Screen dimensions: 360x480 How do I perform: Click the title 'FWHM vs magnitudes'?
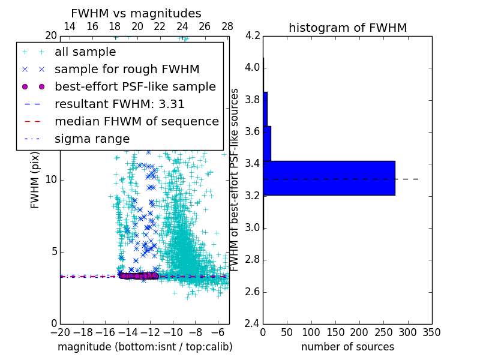tap(136, 13)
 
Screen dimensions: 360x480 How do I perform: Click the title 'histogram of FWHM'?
tap(347, 28)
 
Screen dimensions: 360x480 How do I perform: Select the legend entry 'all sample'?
tap(85, 52)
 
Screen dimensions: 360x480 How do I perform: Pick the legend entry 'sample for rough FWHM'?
tap(127, 70)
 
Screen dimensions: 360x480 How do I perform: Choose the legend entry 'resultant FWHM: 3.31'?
tap(119, 104)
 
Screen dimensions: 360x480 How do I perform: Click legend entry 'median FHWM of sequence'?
tap(136, 122)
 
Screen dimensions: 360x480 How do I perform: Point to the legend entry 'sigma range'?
tap(92, 139)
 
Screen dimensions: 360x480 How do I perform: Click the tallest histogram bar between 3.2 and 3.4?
tap(329, 178)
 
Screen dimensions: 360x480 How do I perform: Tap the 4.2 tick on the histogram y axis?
tap(253, 35)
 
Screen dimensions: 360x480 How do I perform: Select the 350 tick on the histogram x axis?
tap(431, 332)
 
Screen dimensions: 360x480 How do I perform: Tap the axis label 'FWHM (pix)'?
tap(35, 180)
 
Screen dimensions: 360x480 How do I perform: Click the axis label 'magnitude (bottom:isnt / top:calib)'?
tap(145, 347)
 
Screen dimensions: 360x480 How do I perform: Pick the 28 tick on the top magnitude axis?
tap(227, 26)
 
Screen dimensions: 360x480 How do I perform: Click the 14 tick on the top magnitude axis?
tap(70, 26)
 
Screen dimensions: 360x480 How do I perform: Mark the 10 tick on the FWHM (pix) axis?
tap(51, 179)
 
